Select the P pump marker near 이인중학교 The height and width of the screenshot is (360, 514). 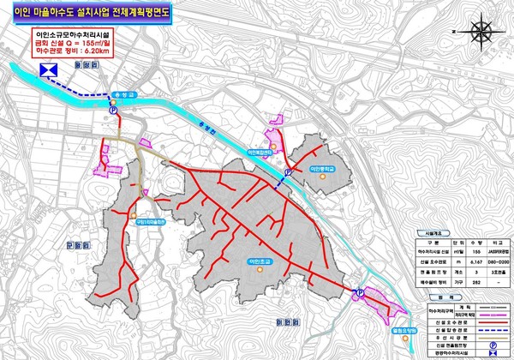pos(288,171)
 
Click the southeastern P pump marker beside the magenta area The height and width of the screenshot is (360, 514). pos(359,293)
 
